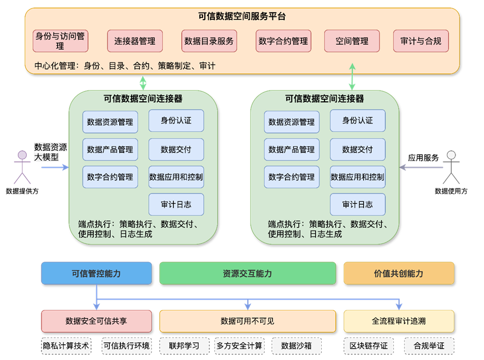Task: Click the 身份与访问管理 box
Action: coord(60,41)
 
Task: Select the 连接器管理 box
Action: coord(135,41)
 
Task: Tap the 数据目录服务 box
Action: coord(209,41)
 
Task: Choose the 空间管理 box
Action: coord(352,41)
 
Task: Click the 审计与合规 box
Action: coord(421,41)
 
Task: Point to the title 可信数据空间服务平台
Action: coord(242,17)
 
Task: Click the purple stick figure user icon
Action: coord(22,167)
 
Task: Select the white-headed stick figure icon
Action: coord(451,167)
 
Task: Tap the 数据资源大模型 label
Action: coord(50,152)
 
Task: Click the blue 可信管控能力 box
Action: coord(96,273)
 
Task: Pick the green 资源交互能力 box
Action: coord(247,273)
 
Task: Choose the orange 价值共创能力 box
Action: coord(398,273)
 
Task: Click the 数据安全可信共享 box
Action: coord(96,321)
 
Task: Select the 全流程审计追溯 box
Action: coord(398,321)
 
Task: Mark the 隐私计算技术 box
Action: coord(66,345)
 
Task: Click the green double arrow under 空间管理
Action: coord(353,77)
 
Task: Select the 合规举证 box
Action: coord(429,345)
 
